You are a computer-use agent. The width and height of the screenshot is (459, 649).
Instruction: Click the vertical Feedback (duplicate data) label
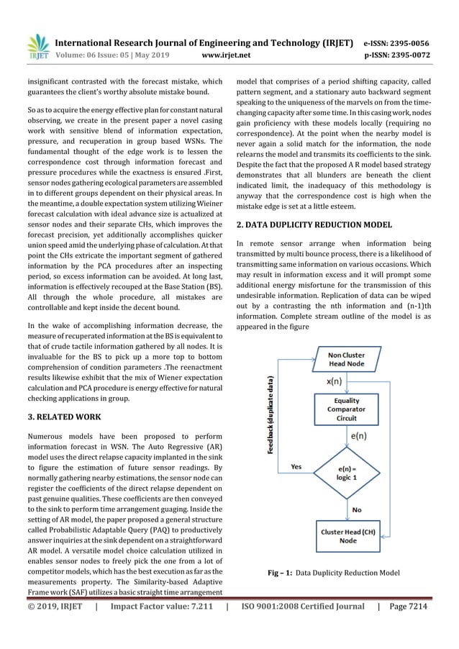(x=271, y=417)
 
